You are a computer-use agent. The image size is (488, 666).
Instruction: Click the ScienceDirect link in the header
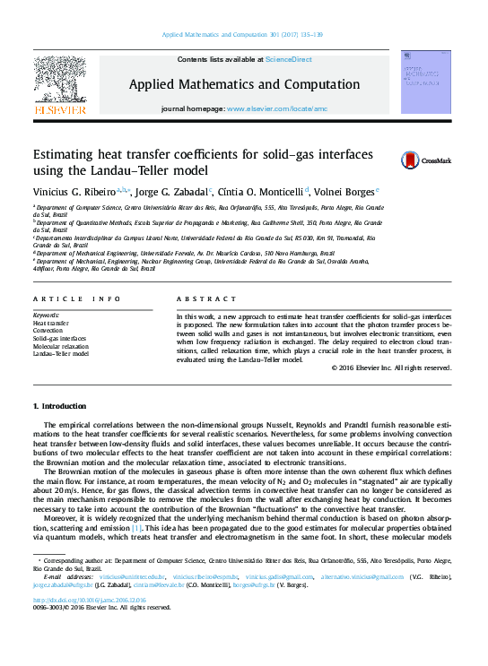tap(288, 59)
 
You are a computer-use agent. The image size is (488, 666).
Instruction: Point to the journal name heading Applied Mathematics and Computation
tap(245, 83)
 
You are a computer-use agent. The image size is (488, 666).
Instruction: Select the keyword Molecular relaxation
tap(61, 345)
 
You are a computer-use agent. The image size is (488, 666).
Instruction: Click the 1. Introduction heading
tap(60, 406)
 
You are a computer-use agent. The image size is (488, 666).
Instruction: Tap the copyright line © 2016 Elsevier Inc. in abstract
tap(392, 368)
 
